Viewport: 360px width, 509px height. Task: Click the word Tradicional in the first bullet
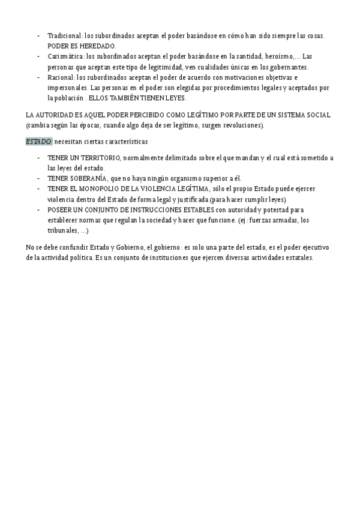click(61, 36)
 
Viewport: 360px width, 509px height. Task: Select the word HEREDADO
click(100, 46)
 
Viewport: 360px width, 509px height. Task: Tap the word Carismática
click(66, 56)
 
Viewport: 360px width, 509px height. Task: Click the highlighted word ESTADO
click(39, 142)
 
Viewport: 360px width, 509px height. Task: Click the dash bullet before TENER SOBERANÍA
click(38, 178)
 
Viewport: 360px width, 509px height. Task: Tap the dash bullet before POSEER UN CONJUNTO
click(38, 209)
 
